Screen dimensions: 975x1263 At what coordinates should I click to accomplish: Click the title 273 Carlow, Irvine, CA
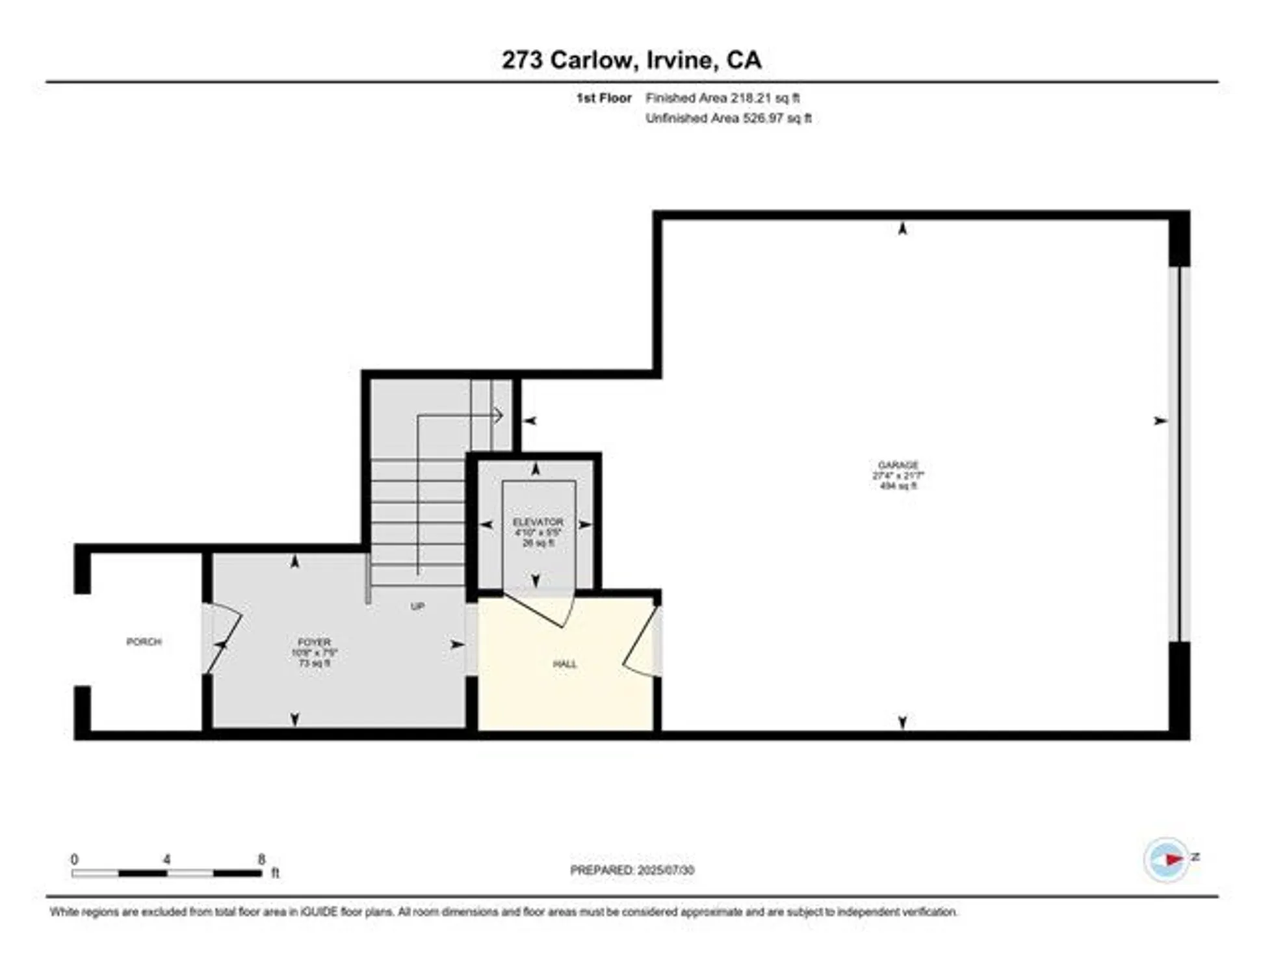point(631,60)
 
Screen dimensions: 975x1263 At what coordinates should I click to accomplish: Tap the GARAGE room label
point(898,465)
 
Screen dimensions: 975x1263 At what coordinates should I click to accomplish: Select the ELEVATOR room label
point(538,522)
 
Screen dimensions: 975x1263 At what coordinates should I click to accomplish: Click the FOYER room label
point(314,642)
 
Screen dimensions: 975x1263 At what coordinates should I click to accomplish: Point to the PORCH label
point(144,642)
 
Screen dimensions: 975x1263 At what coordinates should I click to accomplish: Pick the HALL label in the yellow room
point(564,664)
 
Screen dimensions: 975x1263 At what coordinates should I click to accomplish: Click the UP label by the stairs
point(417,606)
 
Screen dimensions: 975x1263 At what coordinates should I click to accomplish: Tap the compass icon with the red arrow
point(1166,859)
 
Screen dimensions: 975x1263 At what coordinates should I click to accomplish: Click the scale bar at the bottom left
point(167,873)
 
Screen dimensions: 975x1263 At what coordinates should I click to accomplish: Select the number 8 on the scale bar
point(261,859)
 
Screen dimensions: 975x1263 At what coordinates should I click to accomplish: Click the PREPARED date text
point(632,870)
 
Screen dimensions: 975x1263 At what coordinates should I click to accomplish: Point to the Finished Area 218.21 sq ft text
point(722,98)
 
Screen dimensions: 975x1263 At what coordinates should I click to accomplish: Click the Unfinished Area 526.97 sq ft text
point(728,118)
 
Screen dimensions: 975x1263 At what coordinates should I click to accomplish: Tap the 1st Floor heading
point(604,98)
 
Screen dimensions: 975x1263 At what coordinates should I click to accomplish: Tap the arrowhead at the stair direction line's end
point(499,415)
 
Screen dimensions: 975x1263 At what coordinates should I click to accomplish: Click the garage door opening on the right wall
point(1179,454)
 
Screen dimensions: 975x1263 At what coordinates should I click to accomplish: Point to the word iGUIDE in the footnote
point(319,912)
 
